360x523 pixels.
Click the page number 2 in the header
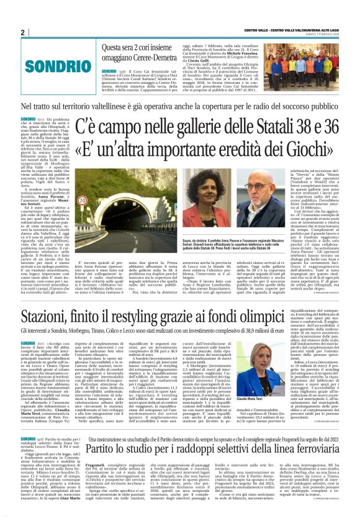pos(23,33)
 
